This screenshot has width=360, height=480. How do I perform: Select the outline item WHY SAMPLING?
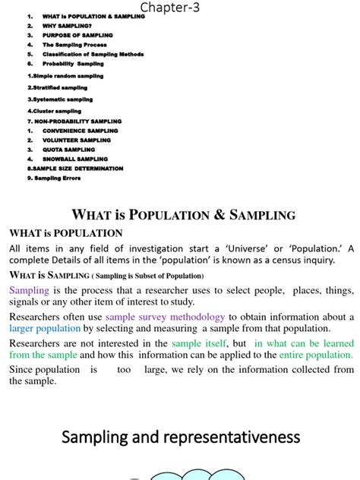[x=66, y=26]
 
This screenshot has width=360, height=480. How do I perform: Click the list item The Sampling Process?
[x=74, y=45]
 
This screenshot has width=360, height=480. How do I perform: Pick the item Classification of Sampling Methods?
[x=93, y=55]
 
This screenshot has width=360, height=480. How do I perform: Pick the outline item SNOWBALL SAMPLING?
[x=75, y=159]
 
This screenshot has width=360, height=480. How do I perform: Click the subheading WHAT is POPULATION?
[x=65, y=233]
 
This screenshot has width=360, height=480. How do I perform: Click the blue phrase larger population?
[x=45, y=328]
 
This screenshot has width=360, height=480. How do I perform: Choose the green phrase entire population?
[x=315, y=355]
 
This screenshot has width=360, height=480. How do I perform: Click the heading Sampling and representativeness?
[x=181, y=437]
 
